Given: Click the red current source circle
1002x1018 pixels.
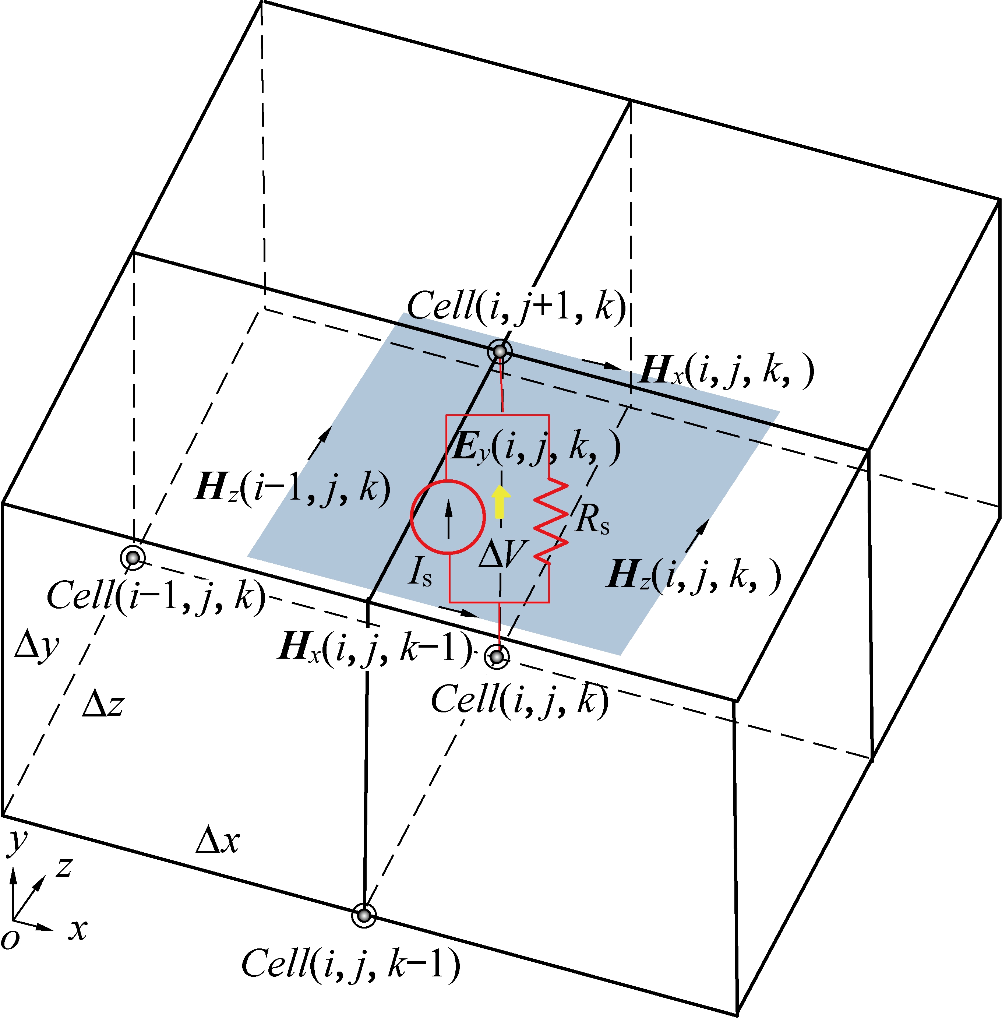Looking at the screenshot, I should (x=447, y=517).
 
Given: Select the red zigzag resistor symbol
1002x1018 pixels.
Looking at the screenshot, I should (x=550, y=521).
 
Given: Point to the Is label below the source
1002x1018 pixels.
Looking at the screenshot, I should (x=420, y=572).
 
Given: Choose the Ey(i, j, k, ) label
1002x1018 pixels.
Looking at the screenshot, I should (x=536, y=447).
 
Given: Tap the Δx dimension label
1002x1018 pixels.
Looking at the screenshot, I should (x=217, y=840).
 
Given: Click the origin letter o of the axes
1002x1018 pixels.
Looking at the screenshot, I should (x=10, y=938).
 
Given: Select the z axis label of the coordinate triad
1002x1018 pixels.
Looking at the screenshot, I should (x=64, y=866).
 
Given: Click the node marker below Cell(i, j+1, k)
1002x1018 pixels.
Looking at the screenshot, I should (x=500, y=351).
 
